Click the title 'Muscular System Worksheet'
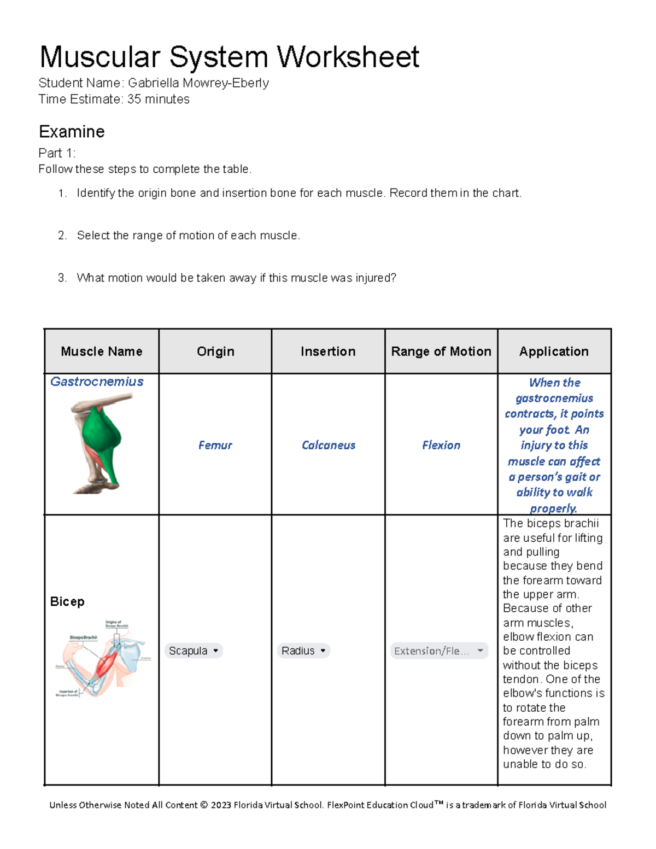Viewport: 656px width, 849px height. pyautogui.click(x=229, y=57)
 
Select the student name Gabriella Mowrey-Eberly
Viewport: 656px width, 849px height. pyautogui.click(x=198, y=83)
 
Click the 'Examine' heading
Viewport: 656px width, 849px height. pyautogui.click(x=72, y=132)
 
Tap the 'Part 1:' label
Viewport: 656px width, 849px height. pyautogui.click(x=57, y=153)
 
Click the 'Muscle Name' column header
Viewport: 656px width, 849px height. pyautogui.click(x=102, y=352)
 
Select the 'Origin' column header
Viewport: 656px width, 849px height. pyautogui.click(x=215, y=352)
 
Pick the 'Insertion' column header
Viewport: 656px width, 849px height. pyautogui.click(x=328, y=352)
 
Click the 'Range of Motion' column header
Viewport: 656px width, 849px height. pyautogui.click(x=441, y=352)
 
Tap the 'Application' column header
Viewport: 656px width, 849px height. pyautogui.click(x=554, y=352)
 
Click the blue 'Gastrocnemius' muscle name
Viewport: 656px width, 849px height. pyautogui.click(x=97, y=382)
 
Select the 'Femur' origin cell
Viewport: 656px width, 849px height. pyautogui.click(x=215, y=446)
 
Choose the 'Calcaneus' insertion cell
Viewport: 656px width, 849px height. pyautogui.click(x=328, y=446)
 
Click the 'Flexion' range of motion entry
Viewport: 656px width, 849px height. pyautogui.click(x=441, y=446)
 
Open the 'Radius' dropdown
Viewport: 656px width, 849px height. pyautogui.click(x=303, y=651)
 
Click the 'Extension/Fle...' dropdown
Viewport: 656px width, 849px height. pyautogui.click(x=439, y=651)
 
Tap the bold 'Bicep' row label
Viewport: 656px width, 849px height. pyautogui.click(x=67, y=601)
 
